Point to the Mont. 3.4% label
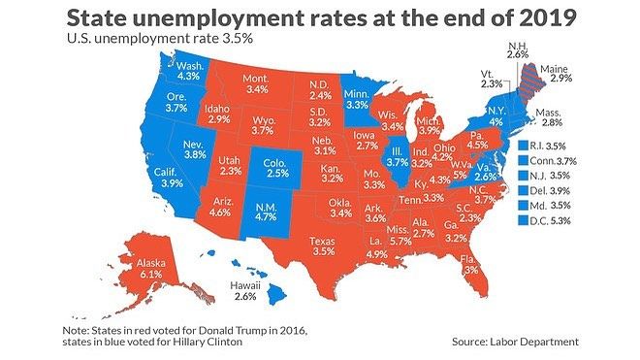point(256,83)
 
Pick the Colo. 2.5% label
point(278,167)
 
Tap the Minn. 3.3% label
point(359,97)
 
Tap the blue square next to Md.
point(523,207)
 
